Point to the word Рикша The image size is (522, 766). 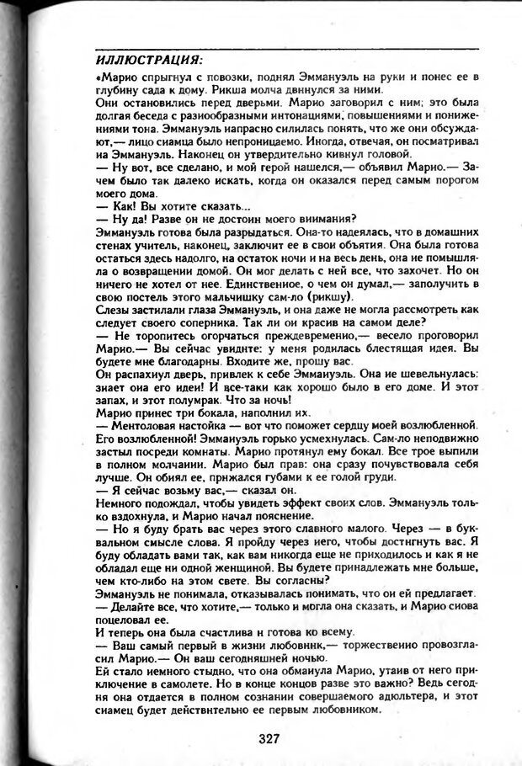click(286, 89)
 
